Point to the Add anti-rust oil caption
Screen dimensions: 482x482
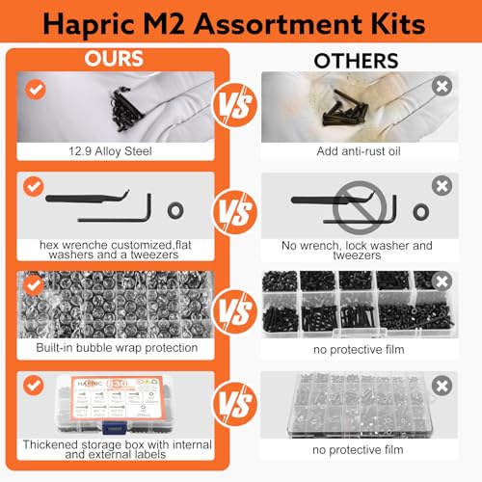coord(359,151)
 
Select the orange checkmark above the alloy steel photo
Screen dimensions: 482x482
coord(36,88)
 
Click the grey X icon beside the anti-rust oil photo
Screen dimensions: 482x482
coord(444,86)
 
